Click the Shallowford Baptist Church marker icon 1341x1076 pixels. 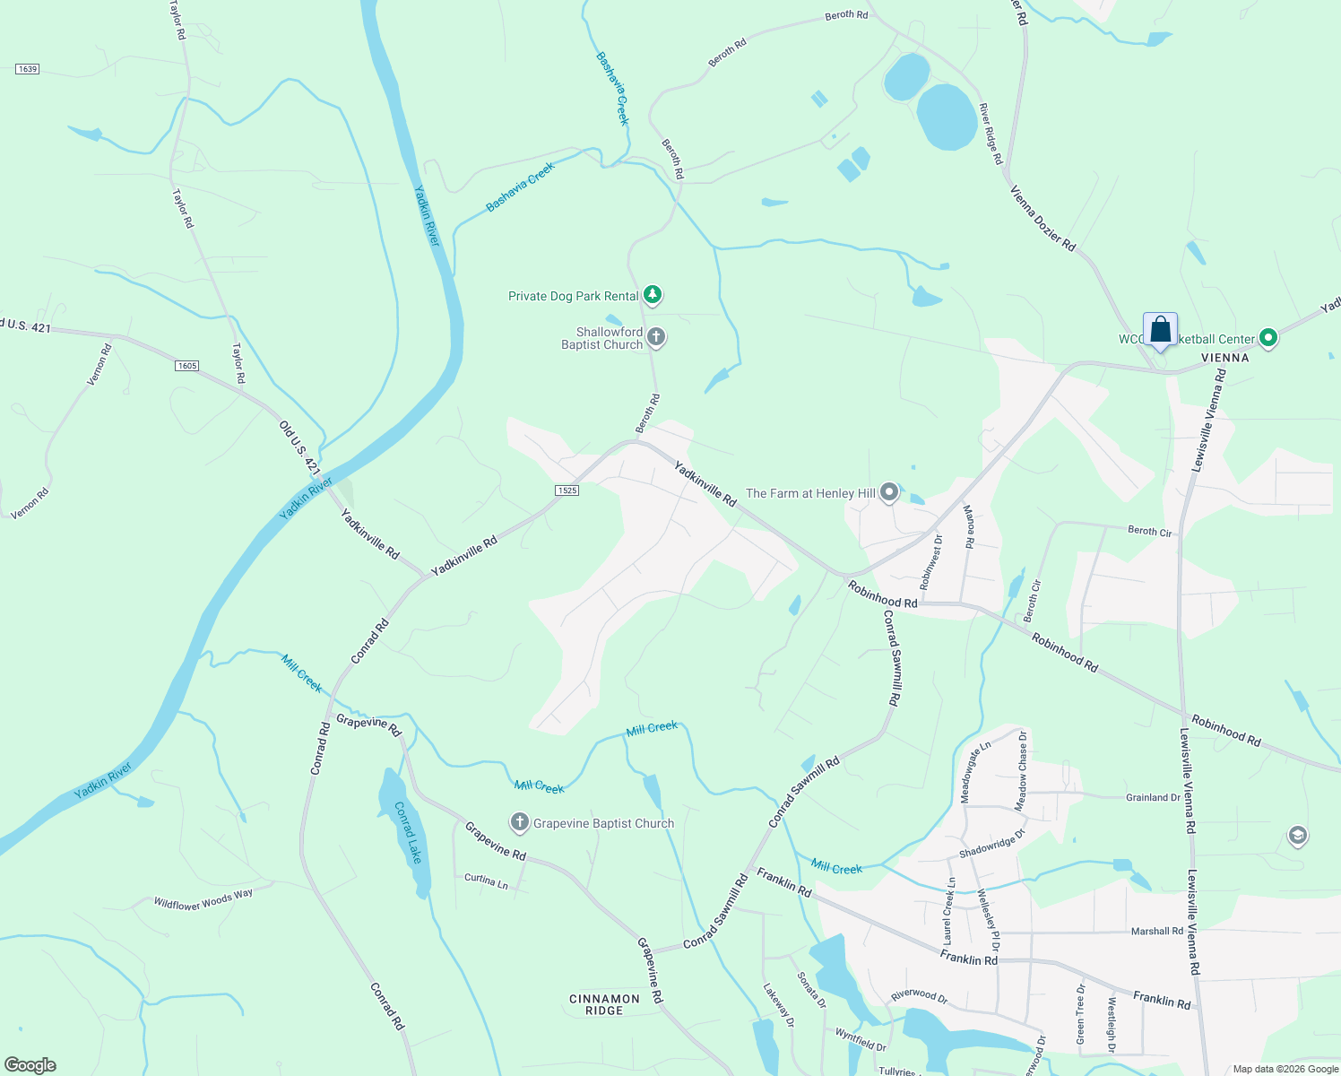656,337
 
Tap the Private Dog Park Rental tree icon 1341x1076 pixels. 653,294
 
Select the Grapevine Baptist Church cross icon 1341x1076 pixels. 519,822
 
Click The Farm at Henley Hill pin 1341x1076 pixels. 888,492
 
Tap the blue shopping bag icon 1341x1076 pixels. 1160,330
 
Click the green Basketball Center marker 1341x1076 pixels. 1267,338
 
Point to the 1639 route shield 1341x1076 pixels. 28,69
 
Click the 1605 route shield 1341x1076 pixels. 186,366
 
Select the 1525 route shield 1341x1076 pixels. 567,490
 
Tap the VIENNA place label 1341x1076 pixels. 1224,358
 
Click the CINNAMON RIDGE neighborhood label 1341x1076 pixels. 604,1004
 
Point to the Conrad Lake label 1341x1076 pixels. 408,832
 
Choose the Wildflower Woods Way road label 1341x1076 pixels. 203,898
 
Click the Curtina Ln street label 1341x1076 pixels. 486,881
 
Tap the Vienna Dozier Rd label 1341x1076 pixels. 1043,218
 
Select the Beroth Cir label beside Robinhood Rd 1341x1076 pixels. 1033,602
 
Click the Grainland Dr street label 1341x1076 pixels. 1153,797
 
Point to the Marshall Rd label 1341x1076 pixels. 1156,931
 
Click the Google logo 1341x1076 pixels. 30,1065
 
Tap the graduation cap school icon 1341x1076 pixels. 1296,837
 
